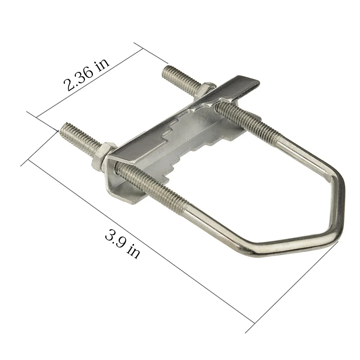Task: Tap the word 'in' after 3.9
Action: tap(133, 252)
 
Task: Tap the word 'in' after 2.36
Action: tap(102, 65)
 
